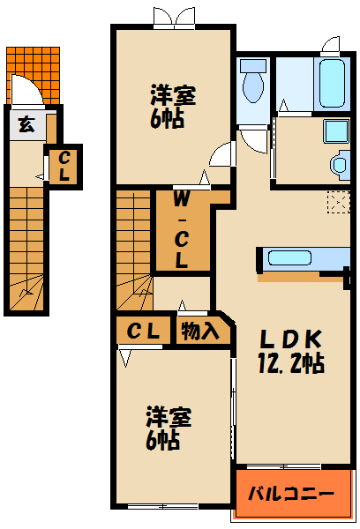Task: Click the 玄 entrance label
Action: click(27, 125)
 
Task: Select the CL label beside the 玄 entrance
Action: click(64, 166)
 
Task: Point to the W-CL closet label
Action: click(181, 228)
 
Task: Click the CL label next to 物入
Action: click(142, 332)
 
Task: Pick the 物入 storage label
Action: click(200, 332)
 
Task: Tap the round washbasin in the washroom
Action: click(338, 165)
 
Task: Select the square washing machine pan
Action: click(337, 132)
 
